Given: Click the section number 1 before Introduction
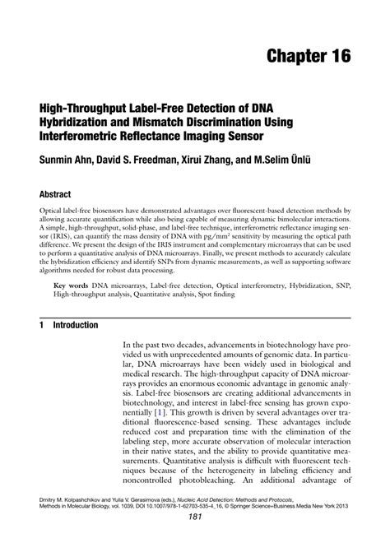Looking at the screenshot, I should point(41,325).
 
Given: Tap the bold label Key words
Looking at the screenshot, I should point(72,282).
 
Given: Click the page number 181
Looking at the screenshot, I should point(195,539).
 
